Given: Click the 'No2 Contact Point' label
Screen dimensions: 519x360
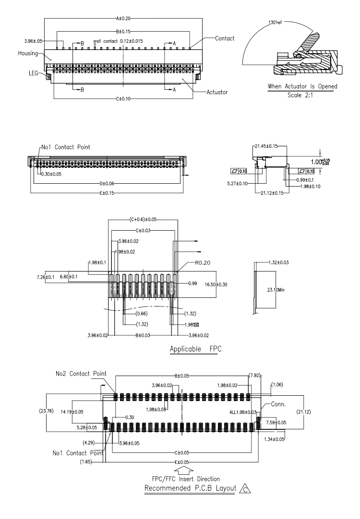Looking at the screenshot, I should click(x=81, y=374).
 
